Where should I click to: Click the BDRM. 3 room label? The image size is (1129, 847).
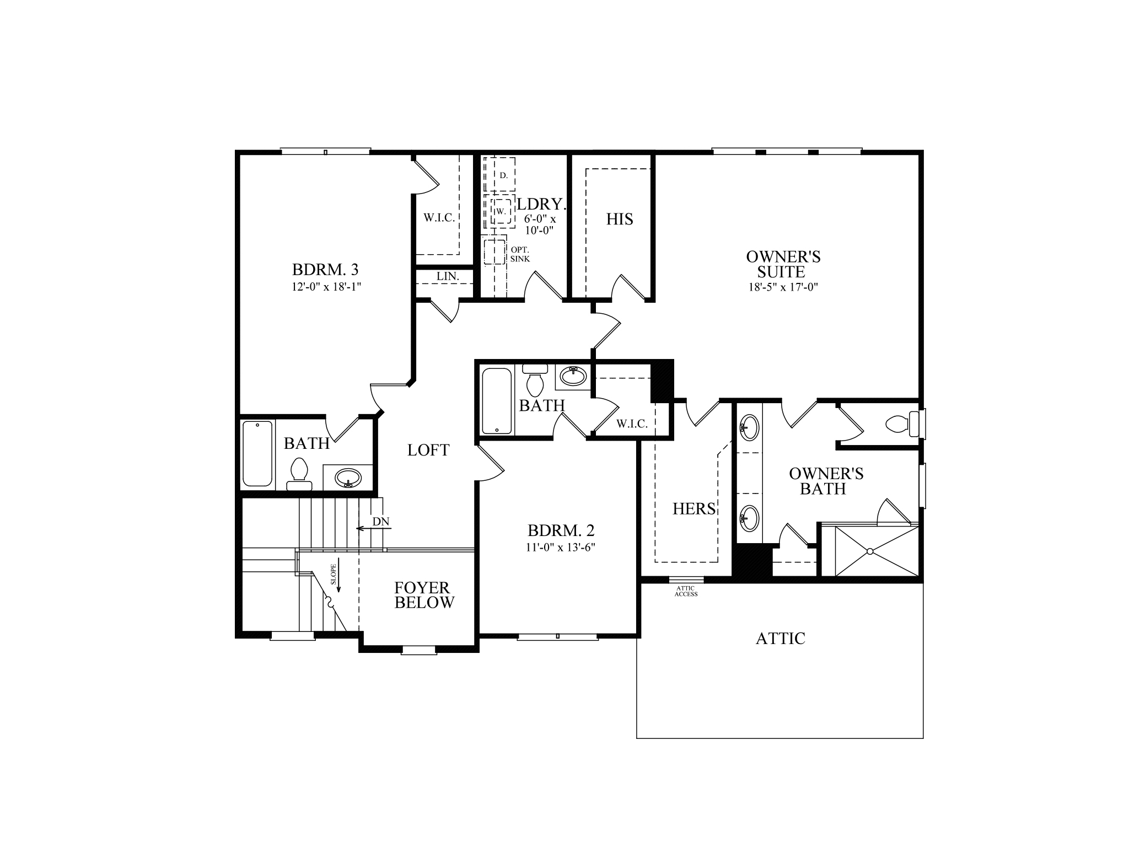click(325, 270)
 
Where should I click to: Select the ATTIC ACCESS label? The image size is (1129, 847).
click(686, 592)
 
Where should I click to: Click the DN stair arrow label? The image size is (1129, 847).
click(380, 522)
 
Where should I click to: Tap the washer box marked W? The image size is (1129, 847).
click(501, 211)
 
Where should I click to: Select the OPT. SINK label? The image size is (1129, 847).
click(520, 254)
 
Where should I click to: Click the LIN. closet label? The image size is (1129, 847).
click(448, 276)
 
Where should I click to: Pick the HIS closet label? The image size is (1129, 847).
click(620, 219)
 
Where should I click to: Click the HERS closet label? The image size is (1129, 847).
click(694, 509)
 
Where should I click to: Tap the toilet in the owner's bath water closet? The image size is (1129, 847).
click(897, 425)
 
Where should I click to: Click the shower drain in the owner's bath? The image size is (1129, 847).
click(870, 551)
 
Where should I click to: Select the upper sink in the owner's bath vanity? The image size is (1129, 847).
click(749, 428)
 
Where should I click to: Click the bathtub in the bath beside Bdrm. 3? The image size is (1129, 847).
click(257, 454)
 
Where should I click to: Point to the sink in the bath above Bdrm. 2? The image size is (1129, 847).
click(573, 377)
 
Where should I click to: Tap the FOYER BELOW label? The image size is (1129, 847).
click(424, 596)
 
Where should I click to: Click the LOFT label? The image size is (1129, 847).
click(428, 451)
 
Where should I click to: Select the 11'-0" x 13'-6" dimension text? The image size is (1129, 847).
click(561, 548)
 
